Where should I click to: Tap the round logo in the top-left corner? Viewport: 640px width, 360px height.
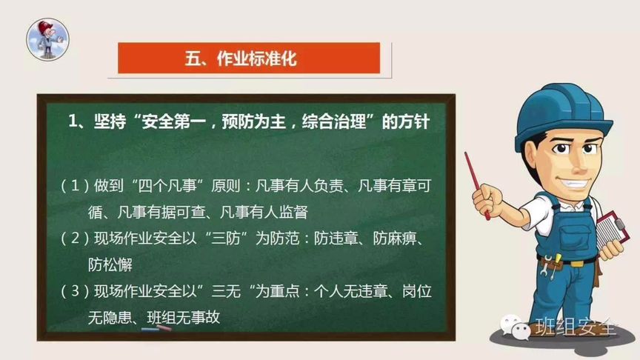click(x=48, y=39)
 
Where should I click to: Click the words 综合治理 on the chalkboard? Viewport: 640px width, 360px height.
click(x=322, y=122)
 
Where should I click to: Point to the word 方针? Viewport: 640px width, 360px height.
click(x=413, y=122)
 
